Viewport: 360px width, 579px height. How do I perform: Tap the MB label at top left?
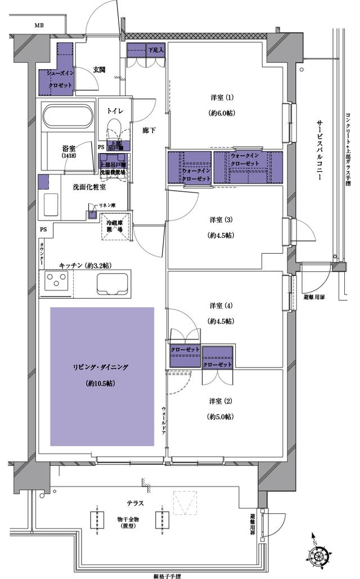(39, 25)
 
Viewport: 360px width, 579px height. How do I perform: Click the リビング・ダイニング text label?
(101, 367)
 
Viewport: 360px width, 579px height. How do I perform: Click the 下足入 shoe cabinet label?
(156, 50)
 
